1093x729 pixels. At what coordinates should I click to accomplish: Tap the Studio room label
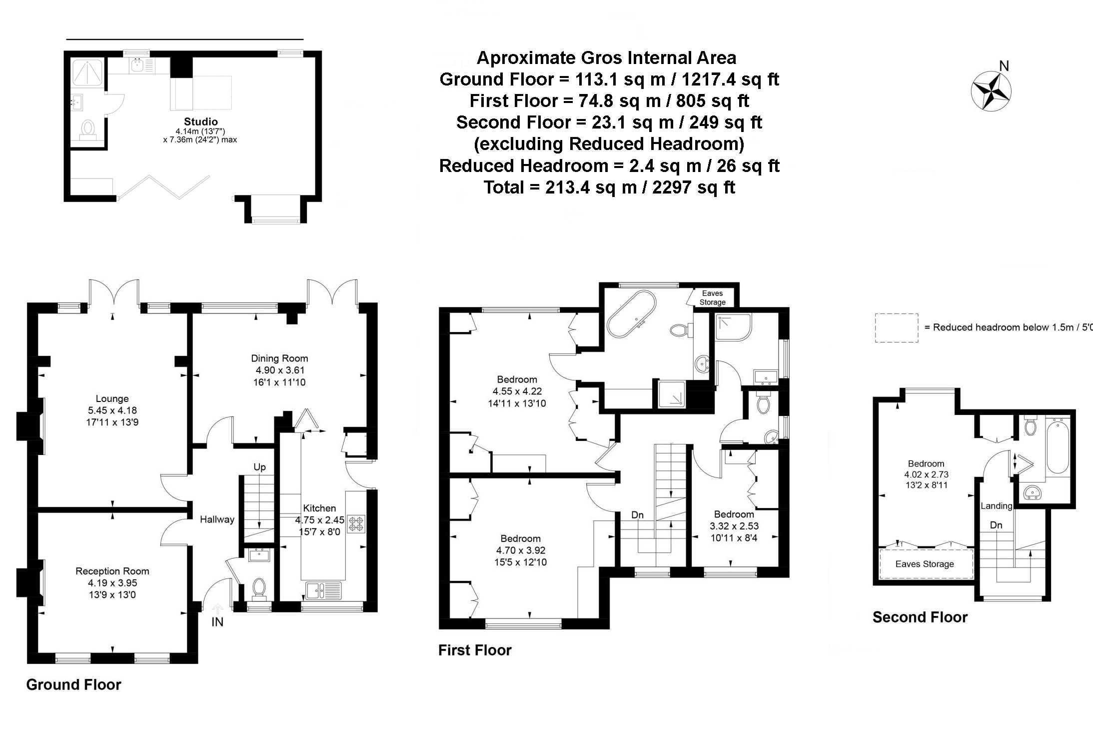[200, 121]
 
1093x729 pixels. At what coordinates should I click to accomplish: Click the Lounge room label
[112, 398]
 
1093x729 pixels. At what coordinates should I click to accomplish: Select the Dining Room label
[279, 358]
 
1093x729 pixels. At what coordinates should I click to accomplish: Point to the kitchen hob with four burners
[357, 523]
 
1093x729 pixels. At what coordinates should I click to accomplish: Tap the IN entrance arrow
[218, 608]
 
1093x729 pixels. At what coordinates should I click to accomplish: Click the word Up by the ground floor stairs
[259, 467]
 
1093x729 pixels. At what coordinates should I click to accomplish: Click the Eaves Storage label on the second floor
[925, 564]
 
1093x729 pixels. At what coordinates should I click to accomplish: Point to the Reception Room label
[112, 571]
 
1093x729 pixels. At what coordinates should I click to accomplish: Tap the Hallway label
[217, 519]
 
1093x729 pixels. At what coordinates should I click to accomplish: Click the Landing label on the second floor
[996, 505]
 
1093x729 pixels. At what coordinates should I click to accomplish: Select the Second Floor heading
[920, 617]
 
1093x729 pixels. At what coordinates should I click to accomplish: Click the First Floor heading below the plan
[475, 650]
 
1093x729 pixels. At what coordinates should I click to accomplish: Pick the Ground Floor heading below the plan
[73, 684]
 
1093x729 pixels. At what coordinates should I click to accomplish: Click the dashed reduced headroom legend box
[897, 328]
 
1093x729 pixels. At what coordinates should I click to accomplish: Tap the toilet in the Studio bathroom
[88, 129]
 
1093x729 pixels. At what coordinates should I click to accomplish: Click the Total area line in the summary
[609, 187]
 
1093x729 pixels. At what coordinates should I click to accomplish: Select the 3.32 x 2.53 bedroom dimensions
[734, 526]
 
